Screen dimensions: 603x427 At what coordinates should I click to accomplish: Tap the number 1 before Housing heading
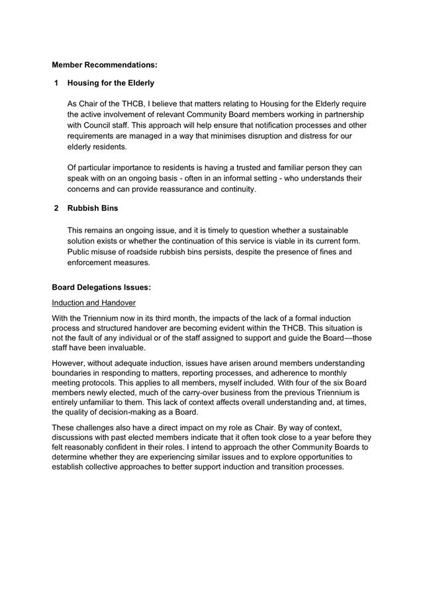click(x=57, y=83)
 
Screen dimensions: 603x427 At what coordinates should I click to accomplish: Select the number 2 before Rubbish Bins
click(x=57, y=208)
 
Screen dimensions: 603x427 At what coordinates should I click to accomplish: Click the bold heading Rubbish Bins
click(x=93, y=208)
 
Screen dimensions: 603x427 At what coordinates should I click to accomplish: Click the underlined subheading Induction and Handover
click(x=93, y=303)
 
